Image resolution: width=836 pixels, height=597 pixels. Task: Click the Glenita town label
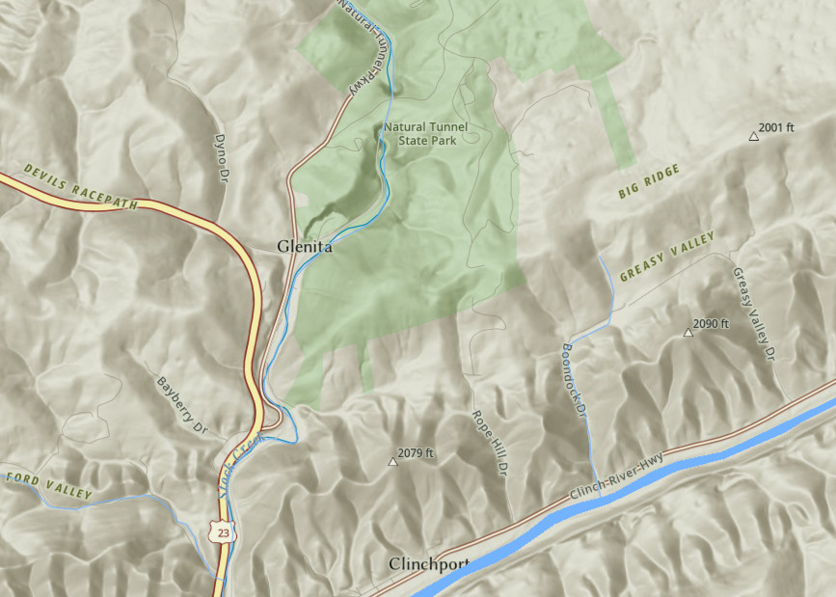pos(305,247)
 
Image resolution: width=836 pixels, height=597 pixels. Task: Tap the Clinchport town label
pos(429,564)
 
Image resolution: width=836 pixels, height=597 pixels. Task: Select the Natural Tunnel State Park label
pos(432,133)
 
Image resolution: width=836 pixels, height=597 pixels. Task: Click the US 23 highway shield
pos(223,531)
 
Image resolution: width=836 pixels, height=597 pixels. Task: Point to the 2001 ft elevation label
pos(776,127)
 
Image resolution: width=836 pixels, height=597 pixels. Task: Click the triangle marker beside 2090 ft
pos(688,333)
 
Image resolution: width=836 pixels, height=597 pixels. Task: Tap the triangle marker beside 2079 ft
pos(392,462)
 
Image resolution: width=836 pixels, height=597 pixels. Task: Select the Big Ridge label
pos(649,182)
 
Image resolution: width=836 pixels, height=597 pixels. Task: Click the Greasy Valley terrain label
pos(667,257)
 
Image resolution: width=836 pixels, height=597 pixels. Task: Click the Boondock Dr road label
pos(574,381)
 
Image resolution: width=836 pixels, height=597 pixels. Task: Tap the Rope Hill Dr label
pos(489,443)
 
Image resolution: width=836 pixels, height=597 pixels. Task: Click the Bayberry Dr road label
pos(182,403)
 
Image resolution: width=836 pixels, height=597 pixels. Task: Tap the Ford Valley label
pos(48,485)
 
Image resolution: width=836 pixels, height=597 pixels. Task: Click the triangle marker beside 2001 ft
pos(754,136)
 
